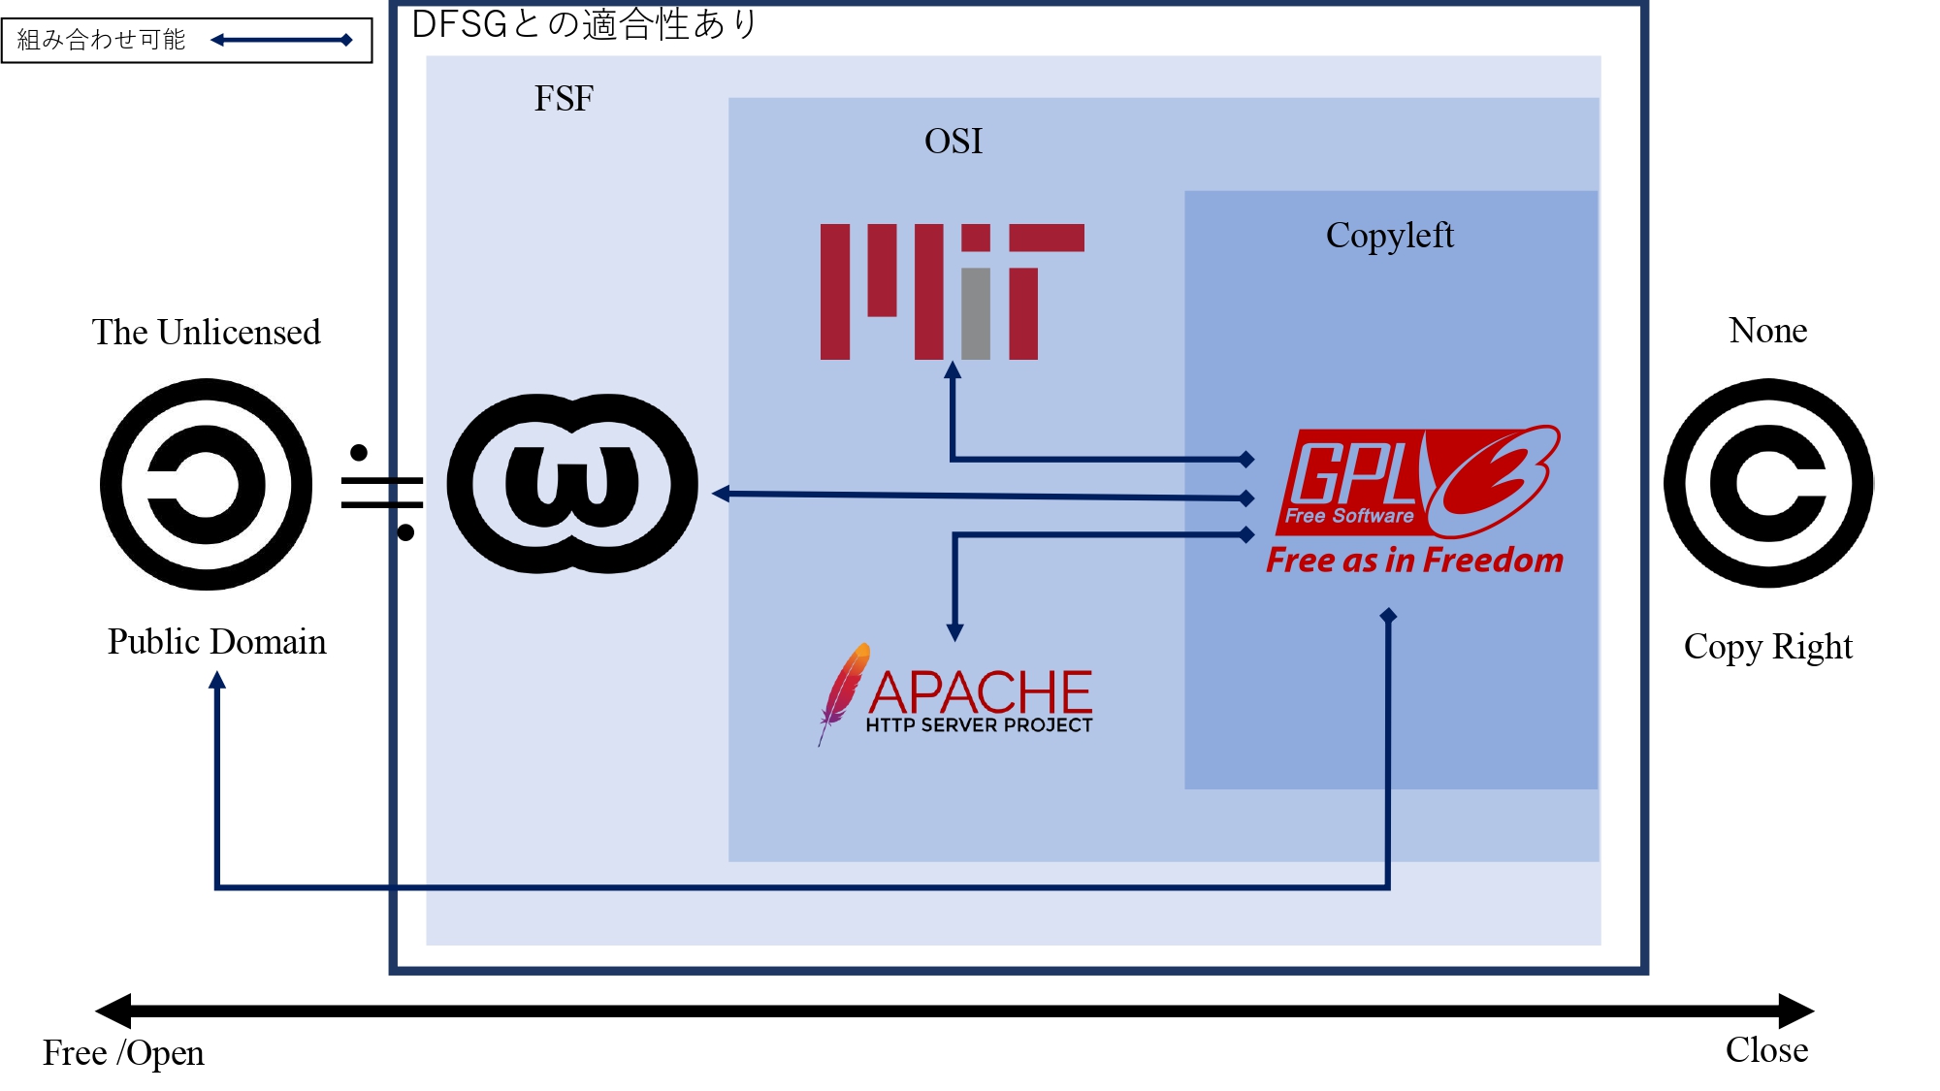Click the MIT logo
coord(951,291)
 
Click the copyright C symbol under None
coord(1768,483)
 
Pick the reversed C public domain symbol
coord(206,484)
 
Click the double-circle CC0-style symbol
coord(572,483)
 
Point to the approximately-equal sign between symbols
coord(382,493)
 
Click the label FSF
coord(564,99)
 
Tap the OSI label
coord(953,142)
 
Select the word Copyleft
coord(1389,236)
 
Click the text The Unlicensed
coord(206,333)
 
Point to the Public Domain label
coord(216,642)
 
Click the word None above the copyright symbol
coord(1767,331)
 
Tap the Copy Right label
coord(1767,647)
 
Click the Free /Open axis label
coord(123,1053)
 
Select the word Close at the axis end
coord(1766,1050)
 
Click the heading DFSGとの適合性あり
coord(584,24)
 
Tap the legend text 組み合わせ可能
coord(101,40)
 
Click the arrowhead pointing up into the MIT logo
coord(953,370)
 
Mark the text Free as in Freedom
coord(1414,561)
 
